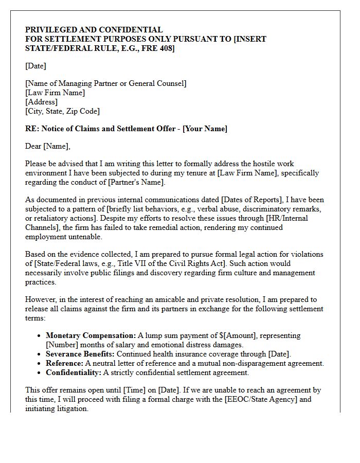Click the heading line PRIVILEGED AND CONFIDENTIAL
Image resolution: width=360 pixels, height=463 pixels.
click(x=94, y=30)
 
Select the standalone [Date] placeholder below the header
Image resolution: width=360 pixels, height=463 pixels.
click(x=35, y=66)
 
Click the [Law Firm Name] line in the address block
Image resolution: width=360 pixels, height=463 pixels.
click(x=55, y=93)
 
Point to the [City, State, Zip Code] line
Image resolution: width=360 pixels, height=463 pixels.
click(x=62, y=111)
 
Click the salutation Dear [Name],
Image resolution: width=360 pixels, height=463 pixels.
click(x=47, y=146)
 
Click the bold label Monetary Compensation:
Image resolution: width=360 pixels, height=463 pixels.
click(x=91, y=335)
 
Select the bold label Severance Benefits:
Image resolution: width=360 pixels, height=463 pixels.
click(x=81, y=354)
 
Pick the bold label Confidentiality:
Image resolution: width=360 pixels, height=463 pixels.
click(x=74, y=372)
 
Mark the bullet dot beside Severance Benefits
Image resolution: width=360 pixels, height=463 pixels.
click(x=40, y=354)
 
